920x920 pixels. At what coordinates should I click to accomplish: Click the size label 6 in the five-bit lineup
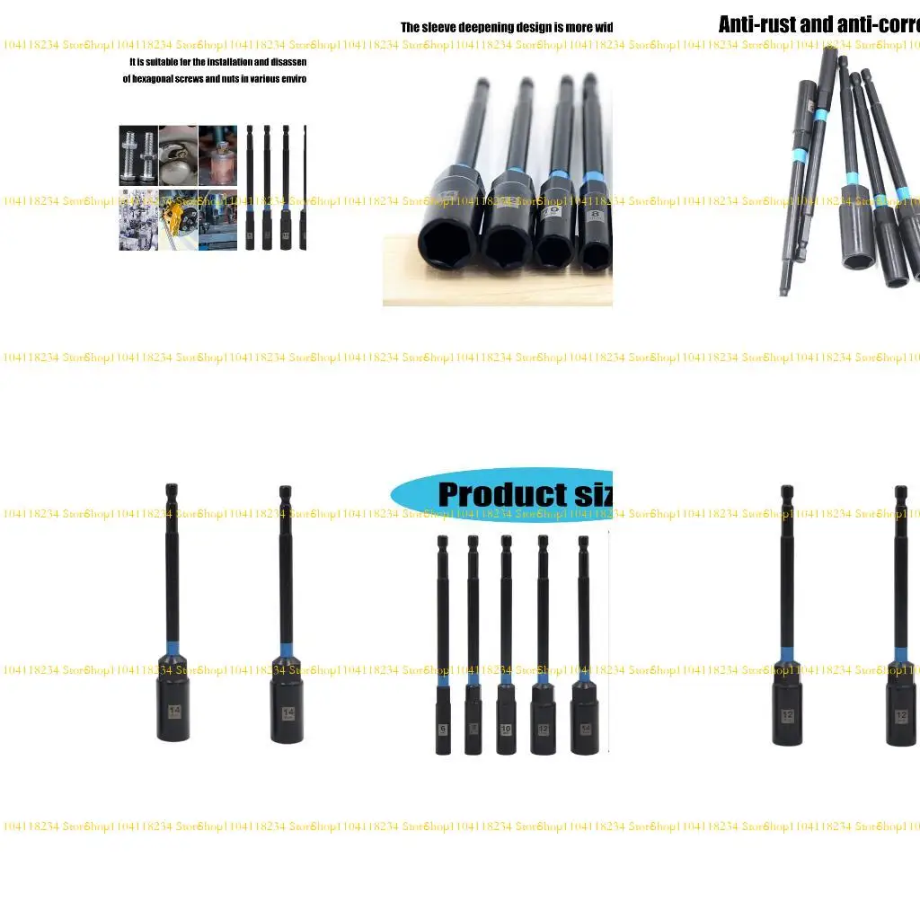[443, 730]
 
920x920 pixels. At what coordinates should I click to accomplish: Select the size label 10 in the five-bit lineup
[506, 730]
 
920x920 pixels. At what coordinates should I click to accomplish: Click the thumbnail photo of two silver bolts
[138, 155]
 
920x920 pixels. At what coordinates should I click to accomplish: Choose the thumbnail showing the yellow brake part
[178, 218]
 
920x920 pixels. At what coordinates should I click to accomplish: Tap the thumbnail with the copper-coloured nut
[217, 155]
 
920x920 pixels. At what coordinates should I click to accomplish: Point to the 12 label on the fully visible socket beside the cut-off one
[787, 715]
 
